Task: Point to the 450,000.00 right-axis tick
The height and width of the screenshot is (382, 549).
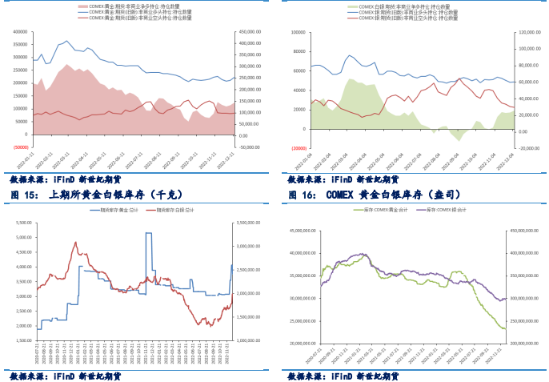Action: (x=254, y=33)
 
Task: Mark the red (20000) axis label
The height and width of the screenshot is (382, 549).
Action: (x=297, y=148)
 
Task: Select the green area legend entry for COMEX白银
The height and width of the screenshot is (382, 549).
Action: (x=408, y=6)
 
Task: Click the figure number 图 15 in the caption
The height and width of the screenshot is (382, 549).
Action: (x=22, y=195)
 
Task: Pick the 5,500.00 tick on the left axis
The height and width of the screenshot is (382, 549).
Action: (x=22, y=223)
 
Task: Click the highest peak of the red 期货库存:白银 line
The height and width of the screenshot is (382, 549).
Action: (x=75, y=242)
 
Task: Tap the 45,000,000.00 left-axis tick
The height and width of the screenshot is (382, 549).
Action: (x=302, y=231)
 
